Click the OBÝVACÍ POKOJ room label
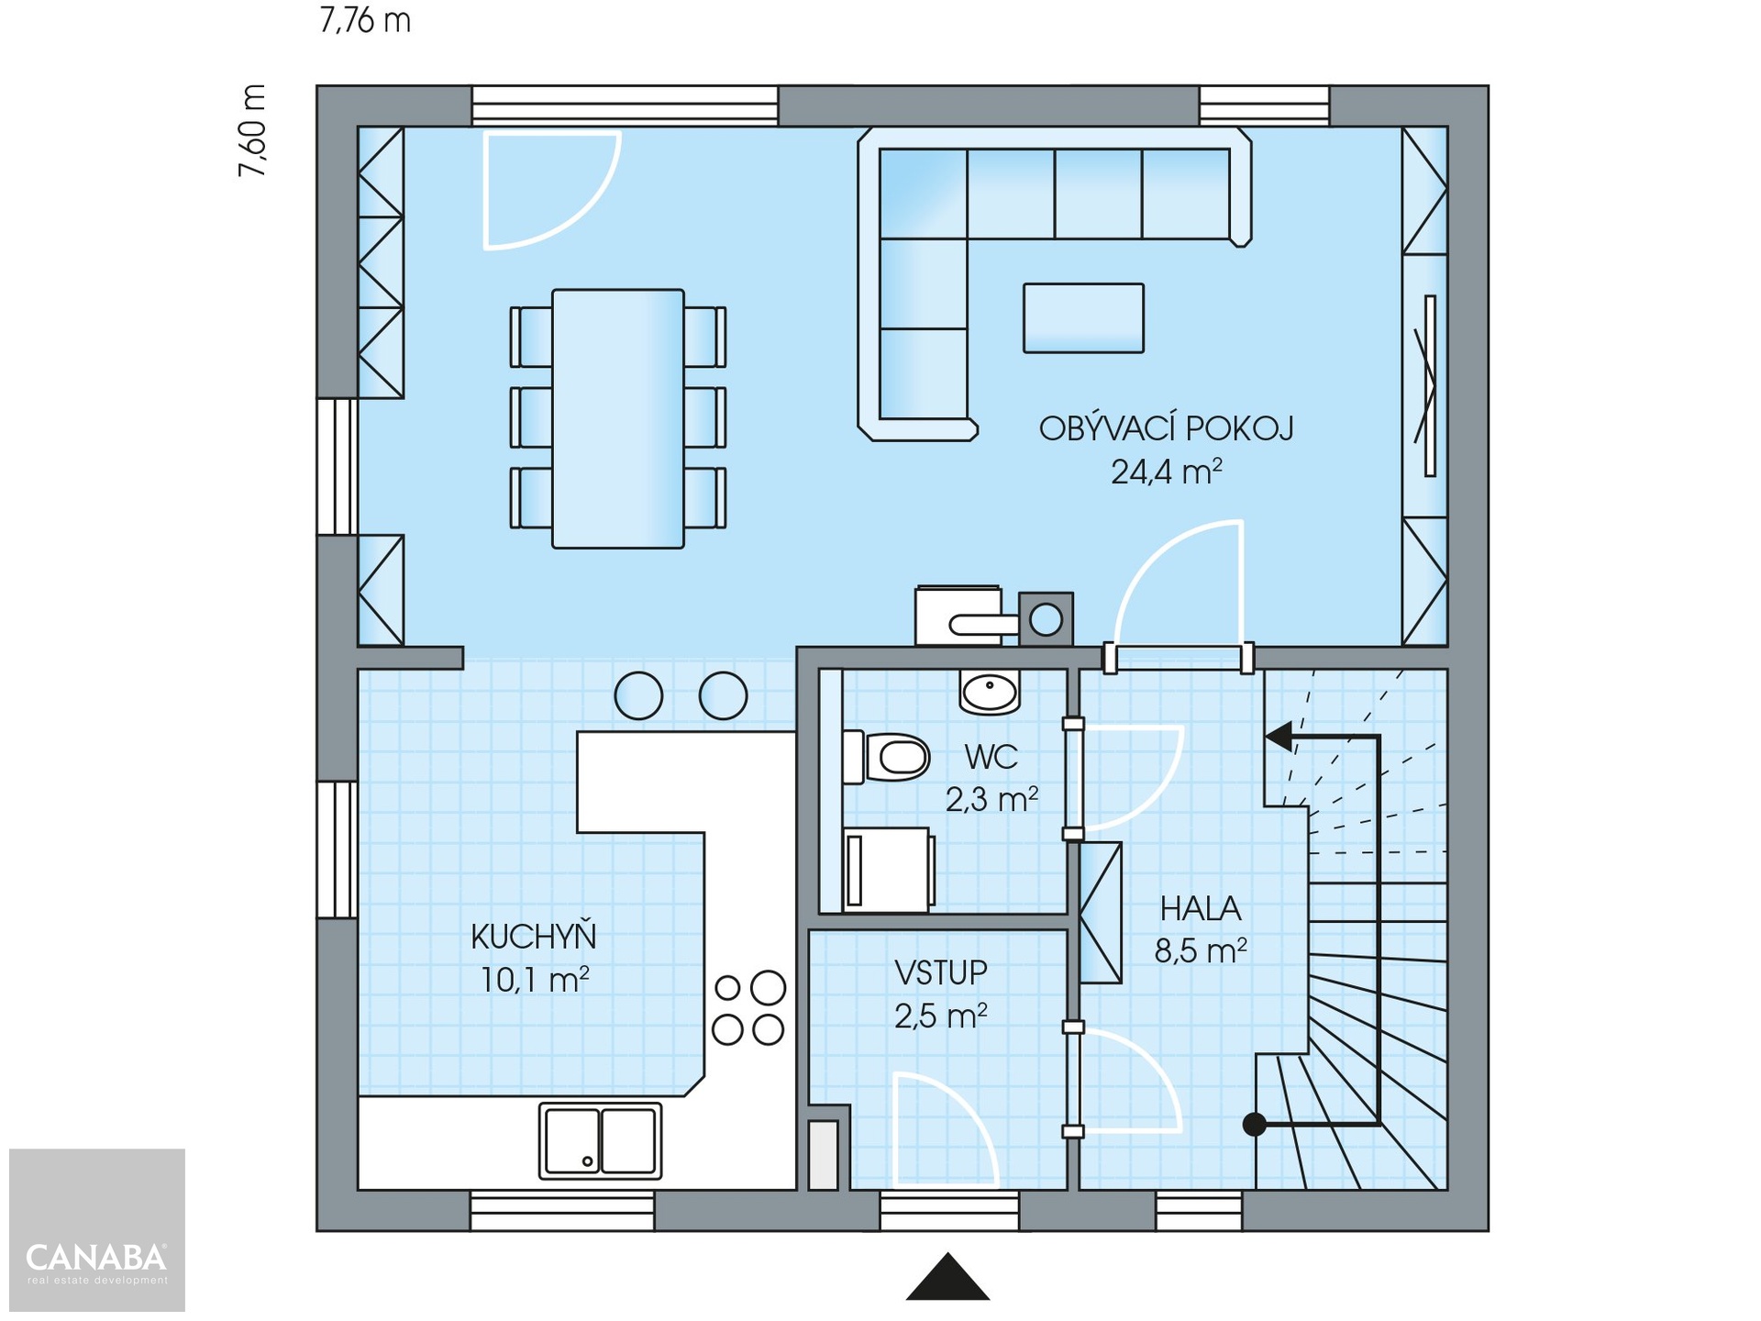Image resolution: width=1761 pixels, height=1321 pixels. pos(1166,428)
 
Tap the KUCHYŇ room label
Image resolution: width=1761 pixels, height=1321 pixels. pos(534,937)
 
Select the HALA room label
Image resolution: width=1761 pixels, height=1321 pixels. pos(1200,908)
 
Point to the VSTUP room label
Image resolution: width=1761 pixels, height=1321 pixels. pos(941,972)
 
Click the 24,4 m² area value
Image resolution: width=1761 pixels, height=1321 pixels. pos(1166,472)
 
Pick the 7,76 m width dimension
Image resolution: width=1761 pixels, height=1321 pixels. pos(365,20)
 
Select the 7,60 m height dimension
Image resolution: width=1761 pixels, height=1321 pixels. pos(252,130)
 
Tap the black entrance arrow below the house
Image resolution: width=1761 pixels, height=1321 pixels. pos(947,1277)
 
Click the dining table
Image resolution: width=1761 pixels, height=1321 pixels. pos(618,418)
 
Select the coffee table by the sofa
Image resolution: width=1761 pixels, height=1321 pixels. pos(1083,317)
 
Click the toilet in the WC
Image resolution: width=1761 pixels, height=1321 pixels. pos(886,757)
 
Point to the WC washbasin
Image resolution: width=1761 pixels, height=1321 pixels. pos(990,692)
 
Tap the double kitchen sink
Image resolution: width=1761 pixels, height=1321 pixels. pos(600,1140)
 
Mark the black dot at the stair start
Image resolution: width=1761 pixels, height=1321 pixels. pos(1254,1124)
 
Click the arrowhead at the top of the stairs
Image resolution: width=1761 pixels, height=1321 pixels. pos(1279,736)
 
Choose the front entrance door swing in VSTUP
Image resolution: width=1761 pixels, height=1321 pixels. pos(946,1129)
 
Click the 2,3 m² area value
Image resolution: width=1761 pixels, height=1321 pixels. pos(991,800)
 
